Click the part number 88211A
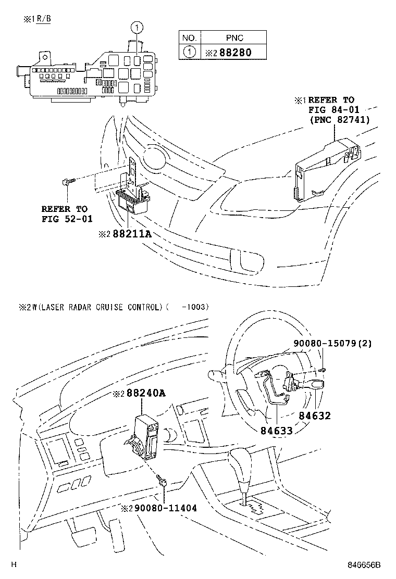(x=132, y=234)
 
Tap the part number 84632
(x=314, y=416)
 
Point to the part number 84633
(x=276, y=431)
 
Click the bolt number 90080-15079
(x=317, y=344)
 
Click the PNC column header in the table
(x=234, y=38)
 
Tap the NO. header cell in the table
(x=189, y=38)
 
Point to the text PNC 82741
(x=339, y=119)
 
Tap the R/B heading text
(x=44, y=19)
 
